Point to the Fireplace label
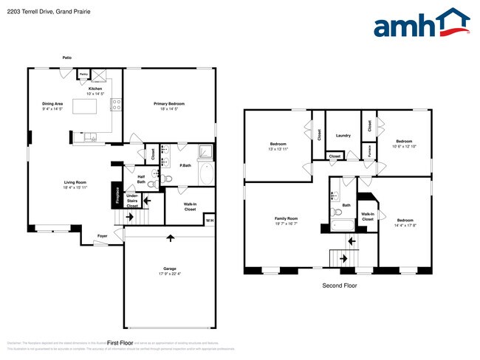(x=117, y=195)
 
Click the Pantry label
(x=84, y=74)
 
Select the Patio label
(x=67, y=57)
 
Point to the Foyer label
(x=102, y=237)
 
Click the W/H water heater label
(x=209, y=221)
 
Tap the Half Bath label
(x=141, y=179)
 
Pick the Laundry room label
(x=343, y=136)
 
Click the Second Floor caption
(x=340, y=285)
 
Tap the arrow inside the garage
(x=171, y=238)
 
